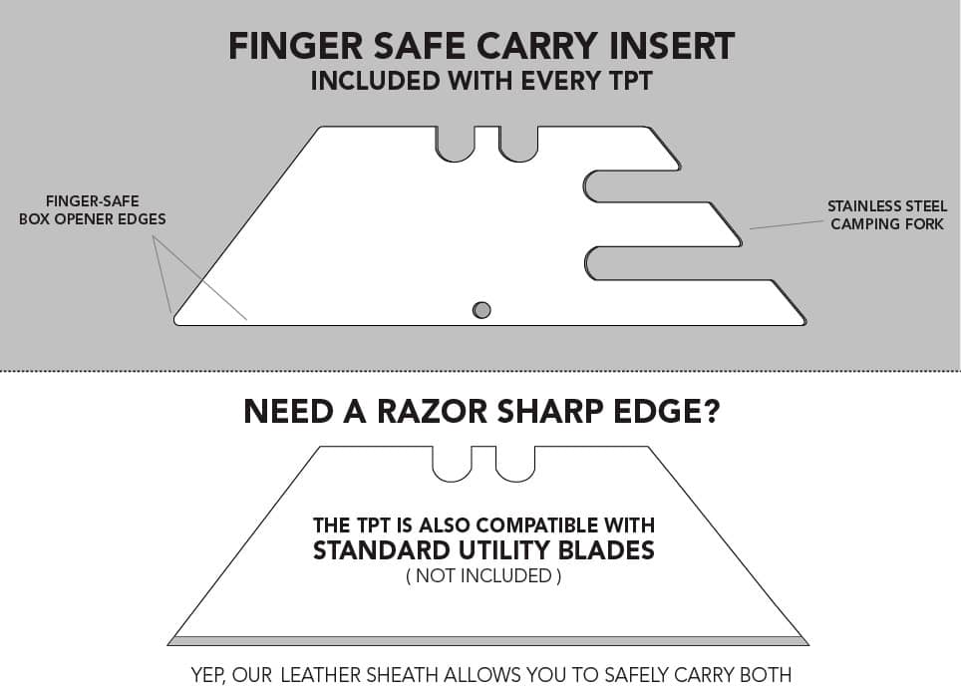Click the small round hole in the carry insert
coord(481,309)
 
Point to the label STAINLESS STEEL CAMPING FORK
coord(887,215)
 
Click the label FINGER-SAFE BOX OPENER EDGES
coord(92,209)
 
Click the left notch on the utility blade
coord(451,463)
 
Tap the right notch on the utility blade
coord(515,463)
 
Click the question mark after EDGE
coord(710,412)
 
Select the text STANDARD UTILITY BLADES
coord(483,549)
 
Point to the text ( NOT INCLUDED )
coord(483,575)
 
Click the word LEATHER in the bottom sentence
coord(323,675)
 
